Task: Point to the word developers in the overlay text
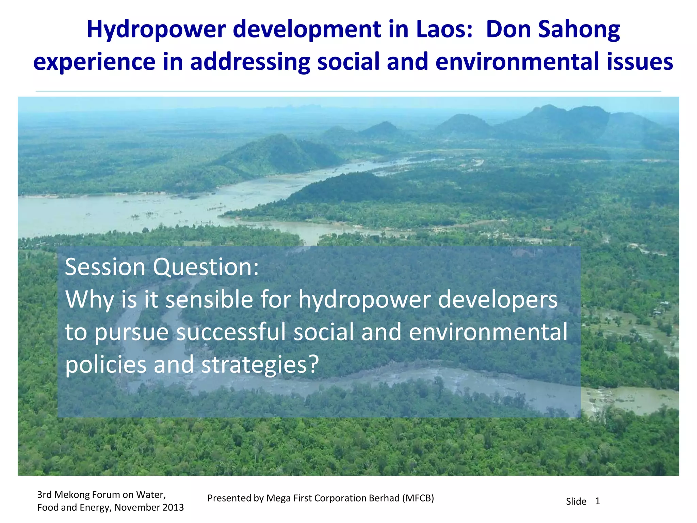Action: click(x=498, y=300)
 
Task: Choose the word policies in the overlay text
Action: click(x=106, y=364)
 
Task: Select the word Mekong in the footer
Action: click(x=76, y=494)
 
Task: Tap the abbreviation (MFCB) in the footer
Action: click(x=418, y=498)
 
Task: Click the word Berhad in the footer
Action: click(x=384, y=498)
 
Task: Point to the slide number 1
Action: click(x=597, y=501)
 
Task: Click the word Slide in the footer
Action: click(x=576, y=502)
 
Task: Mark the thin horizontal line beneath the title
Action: click(x=348, y=91)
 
